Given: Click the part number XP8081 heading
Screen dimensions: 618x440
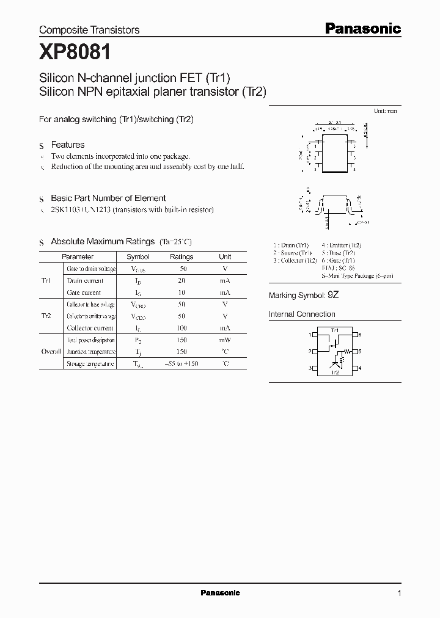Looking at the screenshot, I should click(x=75, y=53).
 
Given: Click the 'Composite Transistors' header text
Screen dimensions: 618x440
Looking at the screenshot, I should click(x=89, y=30).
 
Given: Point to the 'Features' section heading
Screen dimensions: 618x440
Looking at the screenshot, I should click(x=67, y=145).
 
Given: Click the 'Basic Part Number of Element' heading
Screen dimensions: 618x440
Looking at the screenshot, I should click(x=108, y=198).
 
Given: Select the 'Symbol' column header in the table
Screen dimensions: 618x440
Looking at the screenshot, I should click(x=137, y=257).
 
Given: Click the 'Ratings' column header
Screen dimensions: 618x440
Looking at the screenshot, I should click(x=182, y=257).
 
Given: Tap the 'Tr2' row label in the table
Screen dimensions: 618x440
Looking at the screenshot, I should click(x=46, y=316).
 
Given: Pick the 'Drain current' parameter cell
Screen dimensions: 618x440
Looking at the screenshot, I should click(x=85, y=281).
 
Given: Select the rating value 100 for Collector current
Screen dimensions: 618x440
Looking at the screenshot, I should click(x=182, y=329).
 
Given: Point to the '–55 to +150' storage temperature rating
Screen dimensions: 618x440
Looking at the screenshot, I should click(x=182, y=364).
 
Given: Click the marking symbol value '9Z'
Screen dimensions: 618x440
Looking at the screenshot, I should click(x=333, y=296).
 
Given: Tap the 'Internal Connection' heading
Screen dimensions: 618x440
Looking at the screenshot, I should click(x=302, y=314).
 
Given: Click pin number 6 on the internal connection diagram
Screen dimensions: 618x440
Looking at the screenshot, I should click(x=361, y=335).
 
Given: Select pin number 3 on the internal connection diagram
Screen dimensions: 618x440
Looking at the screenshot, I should click(x=310, y=368).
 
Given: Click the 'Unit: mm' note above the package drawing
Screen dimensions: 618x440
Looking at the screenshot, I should click(x=385, y=111).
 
